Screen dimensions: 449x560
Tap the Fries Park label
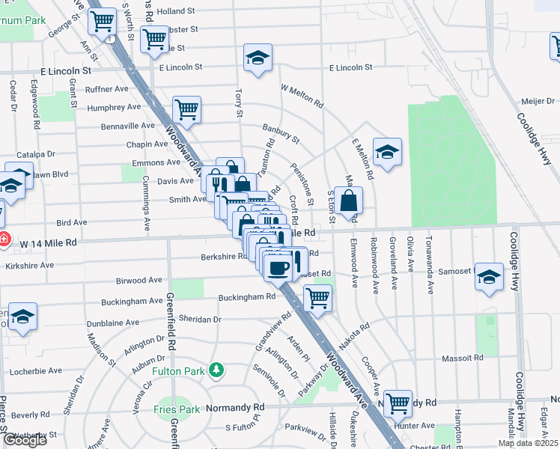[x=177, y=409]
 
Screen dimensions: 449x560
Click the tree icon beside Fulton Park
[x=216, y=370]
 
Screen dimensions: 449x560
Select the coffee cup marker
[x=278, y=267]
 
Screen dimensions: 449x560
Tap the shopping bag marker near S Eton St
[x=349, y=201]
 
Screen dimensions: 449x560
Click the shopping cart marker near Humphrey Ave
[x=186, y=109]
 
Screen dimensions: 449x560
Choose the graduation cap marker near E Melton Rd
[x=387, y=152]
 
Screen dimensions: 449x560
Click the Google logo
[x=24, y=440]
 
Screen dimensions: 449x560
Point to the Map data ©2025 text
[x=528, y=443]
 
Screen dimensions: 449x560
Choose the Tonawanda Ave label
[x=429, y=257]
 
